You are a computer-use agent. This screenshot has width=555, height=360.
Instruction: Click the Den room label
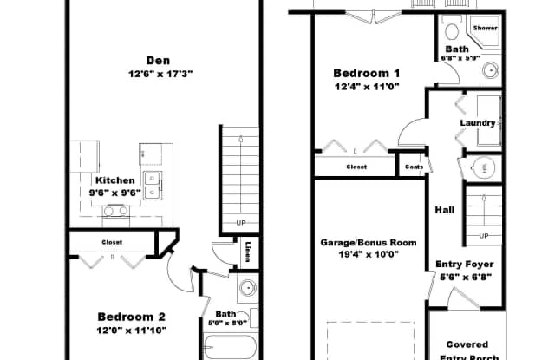pyautogui.click(x=158, y=61)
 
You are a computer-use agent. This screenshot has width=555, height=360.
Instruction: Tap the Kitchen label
pyautogui.click(x=114, y=180)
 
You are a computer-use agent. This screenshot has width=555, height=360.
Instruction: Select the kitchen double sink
pyautogui.click(x=153, y=183)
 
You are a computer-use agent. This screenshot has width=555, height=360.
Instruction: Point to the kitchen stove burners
pyautogui.click(x=115, y=210)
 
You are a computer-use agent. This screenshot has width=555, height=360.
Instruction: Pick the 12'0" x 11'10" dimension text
pyautogui.click(x=131, y=330)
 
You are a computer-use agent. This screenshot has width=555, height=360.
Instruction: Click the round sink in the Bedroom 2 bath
pyautogui.click(x=246, y=288)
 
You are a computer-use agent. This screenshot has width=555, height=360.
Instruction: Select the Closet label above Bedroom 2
pyautogui.click(x=112, y=242)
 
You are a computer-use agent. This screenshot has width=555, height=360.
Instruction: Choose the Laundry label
pyautogui.click(x=477, y=123)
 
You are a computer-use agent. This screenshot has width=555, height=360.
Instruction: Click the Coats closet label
pyautogui.click(x=414, y=166)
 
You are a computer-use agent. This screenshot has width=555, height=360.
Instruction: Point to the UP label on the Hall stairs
pyautogui.click(x=484, y=235)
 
